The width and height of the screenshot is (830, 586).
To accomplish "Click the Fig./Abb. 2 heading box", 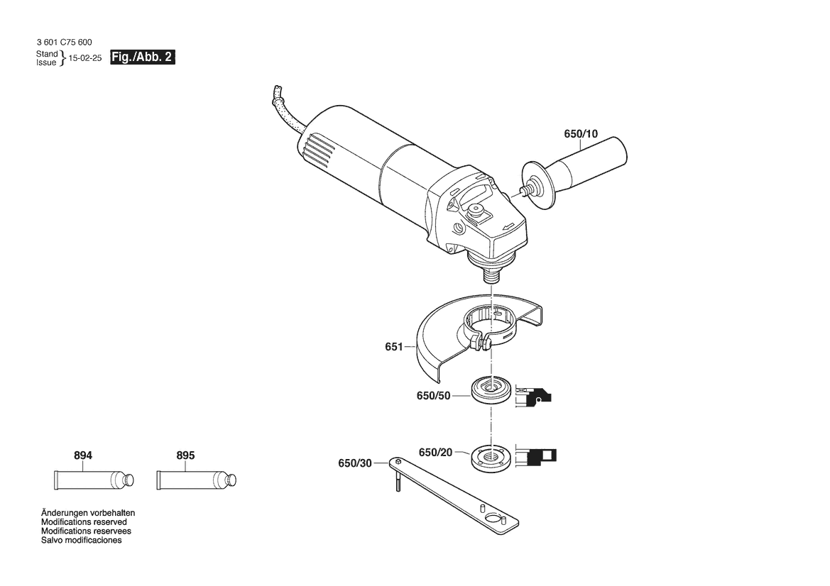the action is point(143,57).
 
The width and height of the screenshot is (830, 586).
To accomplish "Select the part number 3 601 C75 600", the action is point(64,43).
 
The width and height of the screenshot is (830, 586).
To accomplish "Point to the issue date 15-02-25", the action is point(85,58).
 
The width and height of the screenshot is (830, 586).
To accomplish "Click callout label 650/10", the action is point(581,134).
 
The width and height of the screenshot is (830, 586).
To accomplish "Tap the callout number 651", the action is point(394,347).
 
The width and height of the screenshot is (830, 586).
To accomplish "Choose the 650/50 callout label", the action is point(434,396).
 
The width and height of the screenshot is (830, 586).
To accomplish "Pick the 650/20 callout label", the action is point(436,453).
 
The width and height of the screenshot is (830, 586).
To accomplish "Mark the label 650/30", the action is point(355,464).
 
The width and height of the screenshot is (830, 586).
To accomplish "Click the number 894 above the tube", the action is point(83,455).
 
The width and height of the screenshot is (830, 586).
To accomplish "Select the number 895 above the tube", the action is point(185,455).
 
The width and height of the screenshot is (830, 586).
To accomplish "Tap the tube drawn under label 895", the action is point(197,480).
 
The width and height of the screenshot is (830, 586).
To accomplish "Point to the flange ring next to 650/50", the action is point(491,390).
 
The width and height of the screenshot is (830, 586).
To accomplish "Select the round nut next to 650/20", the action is point(491,458).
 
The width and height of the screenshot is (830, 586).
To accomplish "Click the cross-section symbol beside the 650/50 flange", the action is point(533,396).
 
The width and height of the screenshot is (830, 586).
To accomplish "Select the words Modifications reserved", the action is point(84,522).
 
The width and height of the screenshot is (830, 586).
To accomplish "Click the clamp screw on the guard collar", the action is point(483,343).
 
